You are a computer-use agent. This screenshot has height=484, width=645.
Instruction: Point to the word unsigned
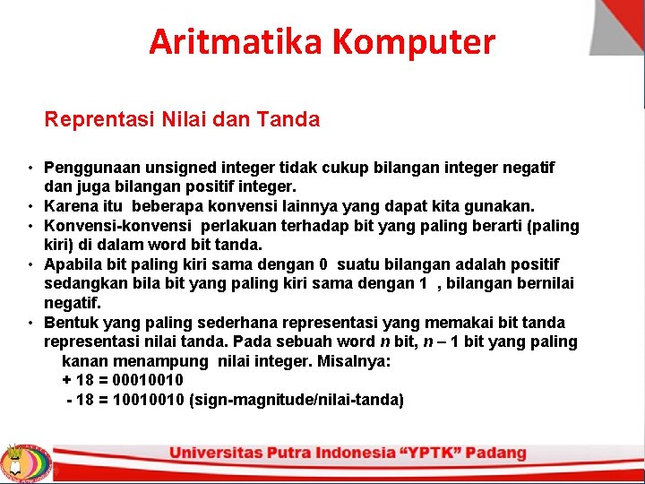173,168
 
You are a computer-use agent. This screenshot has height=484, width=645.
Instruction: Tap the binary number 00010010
148,380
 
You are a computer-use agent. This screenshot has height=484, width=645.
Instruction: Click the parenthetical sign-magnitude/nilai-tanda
297,400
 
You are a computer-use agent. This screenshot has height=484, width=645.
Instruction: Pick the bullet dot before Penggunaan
30,169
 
